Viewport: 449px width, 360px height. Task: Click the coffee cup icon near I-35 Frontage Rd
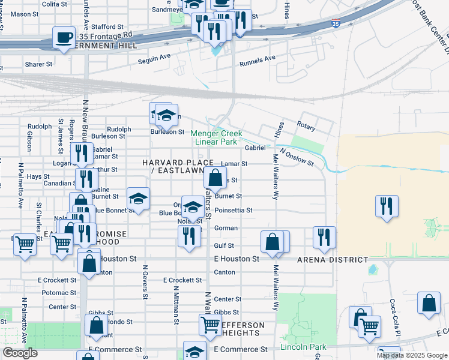[64, 38]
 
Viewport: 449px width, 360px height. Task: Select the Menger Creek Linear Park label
[214, 137]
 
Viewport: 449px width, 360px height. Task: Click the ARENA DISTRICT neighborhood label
[332, 259]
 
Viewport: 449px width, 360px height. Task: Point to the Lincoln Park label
[303, 347]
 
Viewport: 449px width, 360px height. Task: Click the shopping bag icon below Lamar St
[215, 178]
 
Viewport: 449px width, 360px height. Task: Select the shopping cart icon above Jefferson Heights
[210, 325]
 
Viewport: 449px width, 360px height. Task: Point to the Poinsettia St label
[234, 211]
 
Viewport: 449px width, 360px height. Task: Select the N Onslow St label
[295, 155]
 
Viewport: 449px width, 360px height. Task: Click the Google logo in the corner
[20, 353]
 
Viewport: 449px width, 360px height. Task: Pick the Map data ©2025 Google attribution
[412, 355]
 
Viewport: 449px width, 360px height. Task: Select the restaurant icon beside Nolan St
[189, 235]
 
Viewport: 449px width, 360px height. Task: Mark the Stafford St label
[108, 27]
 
